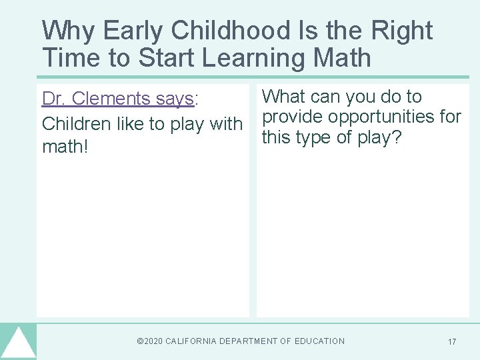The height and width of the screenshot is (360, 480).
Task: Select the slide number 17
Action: click(452, 342)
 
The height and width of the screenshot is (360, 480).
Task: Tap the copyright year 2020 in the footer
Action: click(152, 341)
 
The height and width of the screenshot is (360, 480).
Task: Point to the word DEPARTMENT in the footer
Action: click(251, 341)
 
